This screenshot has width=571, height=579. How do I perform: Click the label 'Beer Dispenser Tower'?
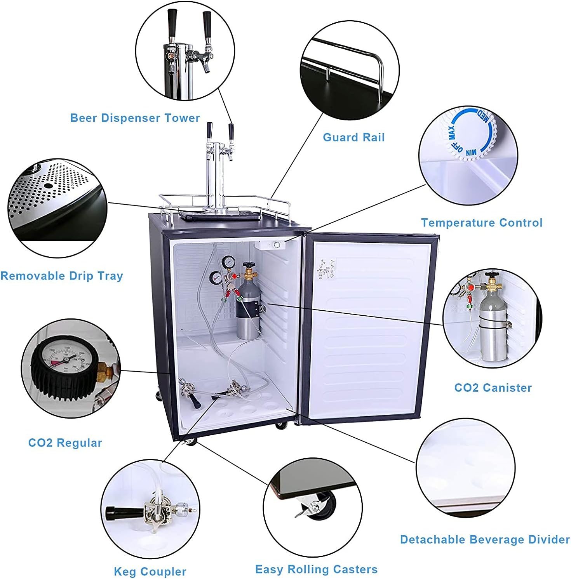(x=135, y=118)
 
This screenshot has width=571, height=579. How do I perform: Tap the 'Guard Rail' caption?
(x=353, y=137)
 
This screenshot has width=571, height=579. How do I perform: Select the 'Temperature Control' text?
(x=482, y=223)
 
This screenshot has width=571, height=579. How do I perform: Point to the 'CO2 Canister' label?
(x=493, y=388)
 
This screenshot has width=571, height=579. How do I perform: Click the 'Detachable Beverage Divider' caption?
(x=485, y=540)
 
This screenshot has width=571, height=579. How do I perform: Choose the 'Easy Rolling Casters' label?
(x=316, y=570)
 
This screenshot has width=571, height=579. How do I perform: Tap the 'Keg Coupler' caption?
(x=150, y=572)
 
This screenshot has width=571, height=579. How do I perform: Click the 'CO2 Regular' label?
(x=65, y=443)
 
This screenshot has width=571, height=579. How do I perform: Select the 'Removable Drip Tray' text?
(x=62, y=276)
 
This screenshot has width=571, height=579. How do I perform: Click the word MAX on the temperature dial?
(x=452, y=132)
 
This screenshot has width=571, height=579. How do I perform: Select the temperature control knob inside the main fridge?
(x=277, y=245)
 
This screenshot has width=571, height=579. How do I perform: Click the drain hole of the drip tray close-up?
(x=49, y=186)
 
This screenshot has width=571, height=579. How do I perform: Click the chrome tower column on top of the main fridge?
(x=212, y=179)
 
